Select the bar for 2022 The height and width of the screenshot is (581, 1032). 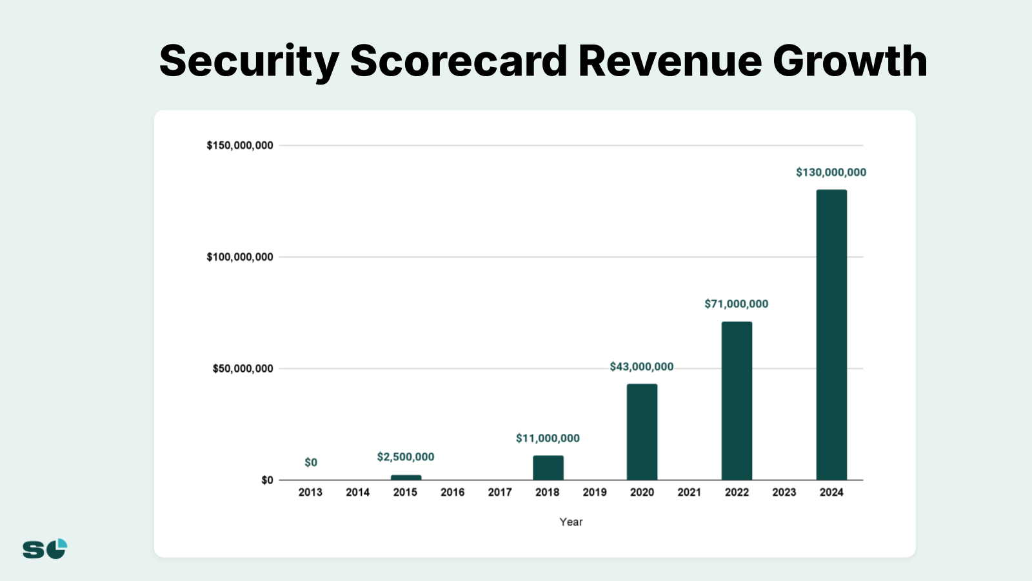tap(737, 400)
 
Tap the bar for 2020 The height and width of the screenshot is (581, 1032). tap(642, 432)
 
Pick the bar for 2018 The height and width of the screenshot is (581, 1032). tap(548, 467)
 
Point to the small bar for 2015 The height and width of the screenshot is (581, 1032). tap(406, 478)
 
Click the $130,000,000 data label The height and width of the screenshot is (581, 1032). tap(831, 172)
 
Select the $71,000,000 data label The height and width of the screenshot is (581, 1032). tap(736, 304)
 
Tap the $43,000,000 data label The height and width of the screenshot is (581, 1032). tap(641, 367)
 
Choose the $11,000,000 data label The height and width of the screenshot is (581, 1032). tap(548, 438)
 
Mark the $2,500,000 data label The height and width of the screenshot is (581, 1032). tap(406, 457)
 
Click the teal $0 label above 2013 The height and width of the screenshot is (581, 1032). tap(311, 462)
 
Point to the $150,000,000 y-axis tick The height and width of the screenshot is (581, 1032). tap(240, 145)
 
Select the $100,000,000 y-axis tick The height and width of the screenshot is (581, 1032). tap(240, 257)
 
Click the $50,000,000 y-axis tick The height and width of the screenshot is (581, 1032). tap(243, 369)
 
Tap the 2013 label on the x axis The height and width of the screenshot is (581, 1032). tap(310, 492)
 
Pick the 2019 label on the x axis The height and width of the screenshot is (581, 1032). tap(595, 492)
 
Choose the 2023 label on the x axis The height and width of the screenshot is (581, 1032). tap(784, 492)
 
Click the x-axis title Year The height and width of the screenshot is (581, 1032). tap(571, 522)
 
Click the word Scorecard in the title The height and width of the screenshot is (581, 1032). tap(459, 61)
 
